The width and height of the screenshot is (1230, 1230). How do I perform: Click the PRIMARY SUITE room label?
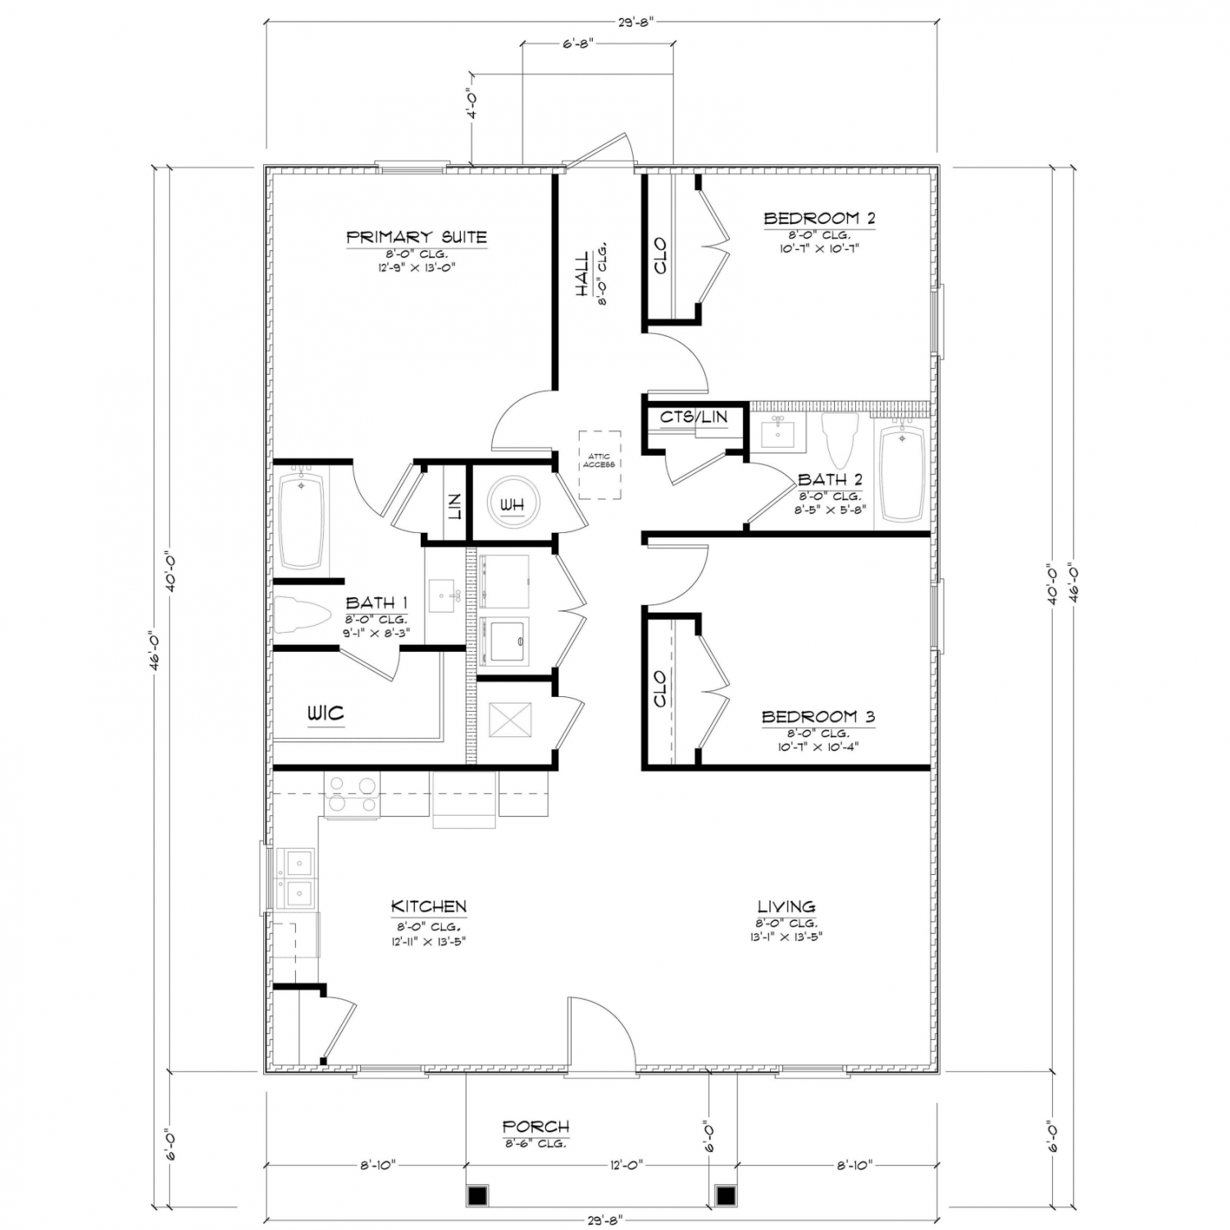pos(417,238)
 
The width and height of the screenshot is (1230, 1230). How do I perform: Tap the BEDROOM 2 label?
pos(819,218)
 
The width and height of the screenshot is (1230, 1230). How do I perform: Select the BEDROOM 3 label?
pos(818,717)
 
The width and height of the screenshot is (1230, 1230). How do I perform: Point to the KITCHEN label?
pos(429,906)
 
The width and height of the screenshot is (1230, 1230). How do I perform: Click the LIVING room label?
pos(786,906)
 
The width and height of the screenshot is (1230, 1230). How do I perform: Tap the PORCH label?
pos(535,1127)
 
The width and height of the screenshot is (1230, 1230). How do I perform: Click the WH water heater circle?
pos(512,504)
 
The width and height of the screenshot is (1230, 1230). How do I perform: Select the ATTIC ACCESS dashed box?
pos(599,465)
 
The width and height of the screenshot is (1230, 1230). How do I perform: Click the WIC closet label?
pos(326,713)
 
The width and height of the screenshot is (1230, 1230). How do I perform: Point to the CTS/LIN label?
pos(694,417)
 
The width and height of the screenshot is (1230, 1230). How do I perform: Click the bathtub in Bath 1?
pos(301,520)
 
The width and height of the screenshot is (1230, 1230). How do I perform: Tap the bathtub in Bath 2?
pos(901,471)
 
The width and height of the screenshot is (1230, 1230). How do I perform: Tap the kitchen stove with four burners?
pos(352,795)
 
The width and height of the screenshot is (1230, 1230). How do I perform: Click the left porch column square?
pos(477,1195)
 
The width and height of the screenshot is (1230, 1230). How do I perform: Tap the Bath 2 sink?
pos(779,431)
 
